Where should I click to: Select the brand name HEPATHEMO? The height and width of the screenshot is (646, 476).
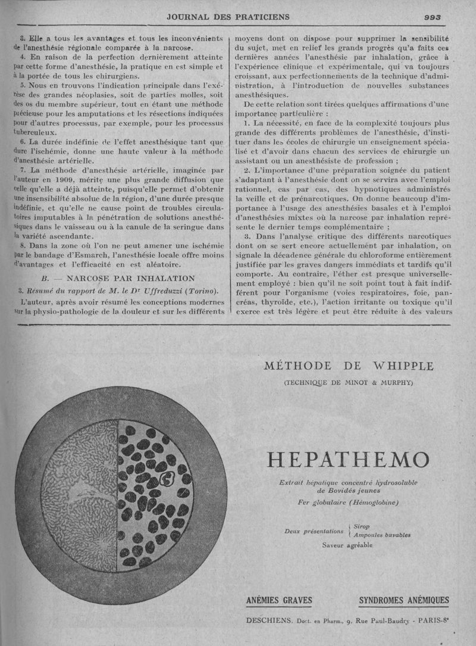(x=348, y=460)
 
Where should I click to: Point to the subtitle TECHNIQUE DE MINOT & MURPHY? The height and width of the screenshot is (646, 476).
(x=349, y=382)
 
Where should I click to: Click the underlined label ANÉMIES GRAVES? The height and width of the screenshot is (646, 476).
(x=279, y=600)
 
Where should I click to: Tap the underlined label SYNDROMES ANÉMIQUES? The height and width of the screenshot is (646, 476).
(x=404, y=600)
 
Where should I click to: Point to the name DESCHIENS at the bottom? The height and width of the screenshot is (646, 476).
(x=268, y=622)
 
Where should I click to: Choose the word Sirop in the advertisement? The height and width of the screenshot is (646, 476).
(x=362, y=526)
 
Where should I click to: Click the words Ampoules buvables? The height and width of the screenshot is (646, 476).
(x=382, y=535)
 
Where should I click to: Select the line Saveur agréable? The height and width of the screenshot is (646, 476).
(x=347, y=545)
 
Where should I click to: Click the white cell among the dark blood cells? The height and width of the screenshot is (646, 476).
(x=167, y=479)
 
